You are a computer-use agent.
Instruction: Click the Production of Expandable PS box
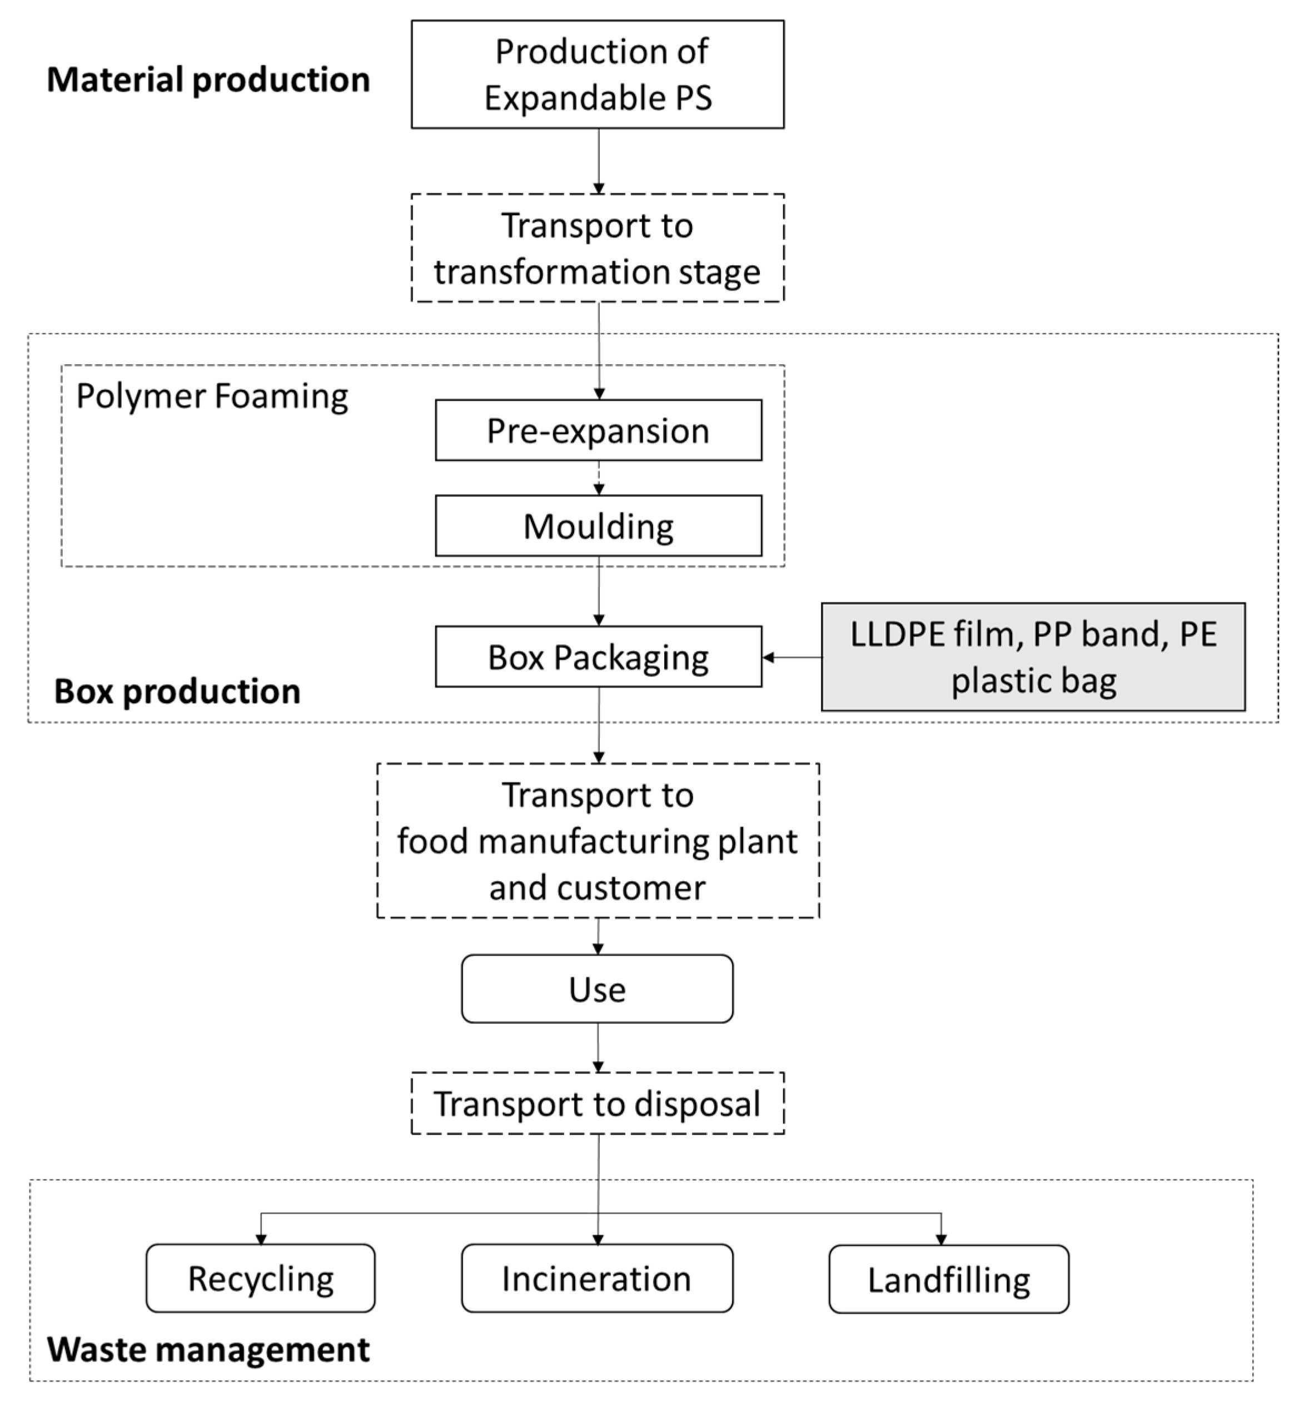click(x=598, y=74)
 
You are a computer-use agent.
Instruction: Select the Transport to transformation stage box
click(x=598, y=248)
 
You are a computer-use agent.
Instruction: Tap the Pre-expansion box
click(x=598, y=430)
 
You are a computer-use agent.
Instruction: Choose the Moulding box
click(x=598, y=526)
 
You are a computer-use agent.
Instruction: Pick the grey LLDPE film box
click(x=1033, y=657)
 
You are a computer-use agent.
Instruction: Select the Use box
click(x=598, y=989)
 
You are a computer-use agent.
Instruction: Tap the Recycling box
click(x=261, y=1279)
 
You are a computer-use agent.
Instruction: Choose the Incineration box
click(x=598, y=1279)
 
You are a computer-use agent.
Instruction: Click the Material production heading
click(x=208, y=79)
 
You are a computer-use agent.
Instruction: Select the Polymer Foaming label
click(x=212, y=396)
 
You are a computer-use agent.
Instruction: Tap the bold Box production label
click(x=177, y=691)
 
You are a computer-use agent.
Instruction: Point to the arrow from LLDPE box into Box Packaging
click(x=792, y=657)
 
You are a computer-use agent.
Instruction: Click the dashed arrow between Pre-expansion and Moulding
click(x=599, y=478)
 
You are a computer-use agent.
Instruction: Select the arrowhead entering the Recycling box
click(x=261, y=1239)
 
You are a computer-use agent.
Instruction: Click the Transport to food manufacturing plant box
click(x=598, y=841)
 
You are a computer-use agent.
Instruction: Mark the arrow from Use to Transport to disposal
click(x=598, y=1047)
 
